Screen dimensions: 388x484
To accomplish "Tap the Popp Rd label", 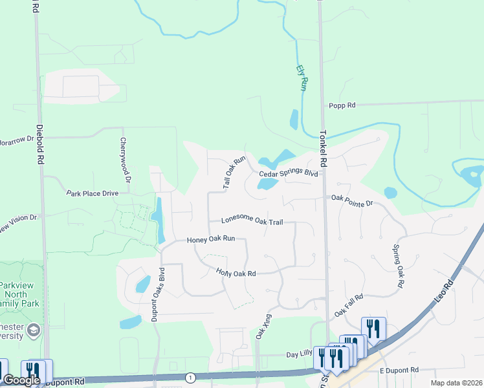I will pos(342,105).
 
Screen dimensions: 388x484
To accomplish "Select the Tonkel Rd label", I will pos(324,149).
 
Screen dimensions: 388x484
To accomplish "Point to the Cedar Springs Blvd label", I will pos(289,174).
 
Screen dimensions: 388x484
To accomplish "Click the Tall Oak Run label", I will pos(234,172).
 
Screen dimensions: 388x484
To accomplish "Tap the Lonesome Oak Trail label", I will pos(252,221).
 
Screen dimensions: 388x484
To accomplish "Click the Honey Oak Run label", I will pos(210,239).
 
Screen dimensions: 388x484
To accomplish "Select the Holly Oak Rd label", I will pos(236,273).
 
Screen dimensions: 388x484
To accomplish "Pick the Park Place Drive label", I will pos(93,193).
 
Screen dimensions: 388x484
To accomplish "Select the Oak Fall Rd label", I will pos(349,306).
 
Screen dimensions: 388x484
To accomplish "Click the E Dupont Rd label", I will pos(400,370).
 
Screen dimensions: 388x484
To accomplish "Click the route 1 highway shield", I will pos(190,377).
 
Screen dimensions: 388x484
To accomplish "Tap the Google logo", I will pos(21,380).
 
